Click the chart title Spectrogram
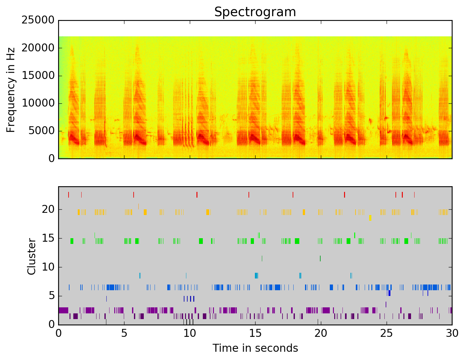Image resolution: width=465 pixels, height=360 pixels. point(255,12)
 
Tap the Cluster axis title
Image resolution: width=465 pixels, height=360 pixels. point(31,257)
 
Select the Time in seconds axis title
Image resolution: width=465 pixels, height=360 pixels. point(255,348)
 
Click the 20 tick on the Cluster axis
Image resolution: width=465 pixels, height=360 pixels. point(48,209)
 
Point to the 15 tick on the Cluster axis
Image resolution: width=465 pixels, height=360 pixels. point(48,238)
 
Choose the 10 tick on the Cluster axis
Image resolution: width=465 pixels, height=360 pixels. point(48,267)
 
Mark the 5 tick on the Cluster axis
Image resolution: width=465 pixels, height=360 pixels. point(51,296)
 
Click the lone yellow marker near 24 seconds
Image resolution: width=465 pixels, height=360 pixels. point(370,218)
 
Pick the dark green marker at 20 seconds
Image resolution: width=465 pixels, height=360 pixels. point(320,259)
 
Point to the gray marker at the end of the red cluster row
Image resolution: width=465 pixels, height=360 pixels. point(414,195)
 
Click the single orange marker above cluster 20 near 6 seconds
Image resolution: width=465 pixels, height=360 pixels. point(138,206)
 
